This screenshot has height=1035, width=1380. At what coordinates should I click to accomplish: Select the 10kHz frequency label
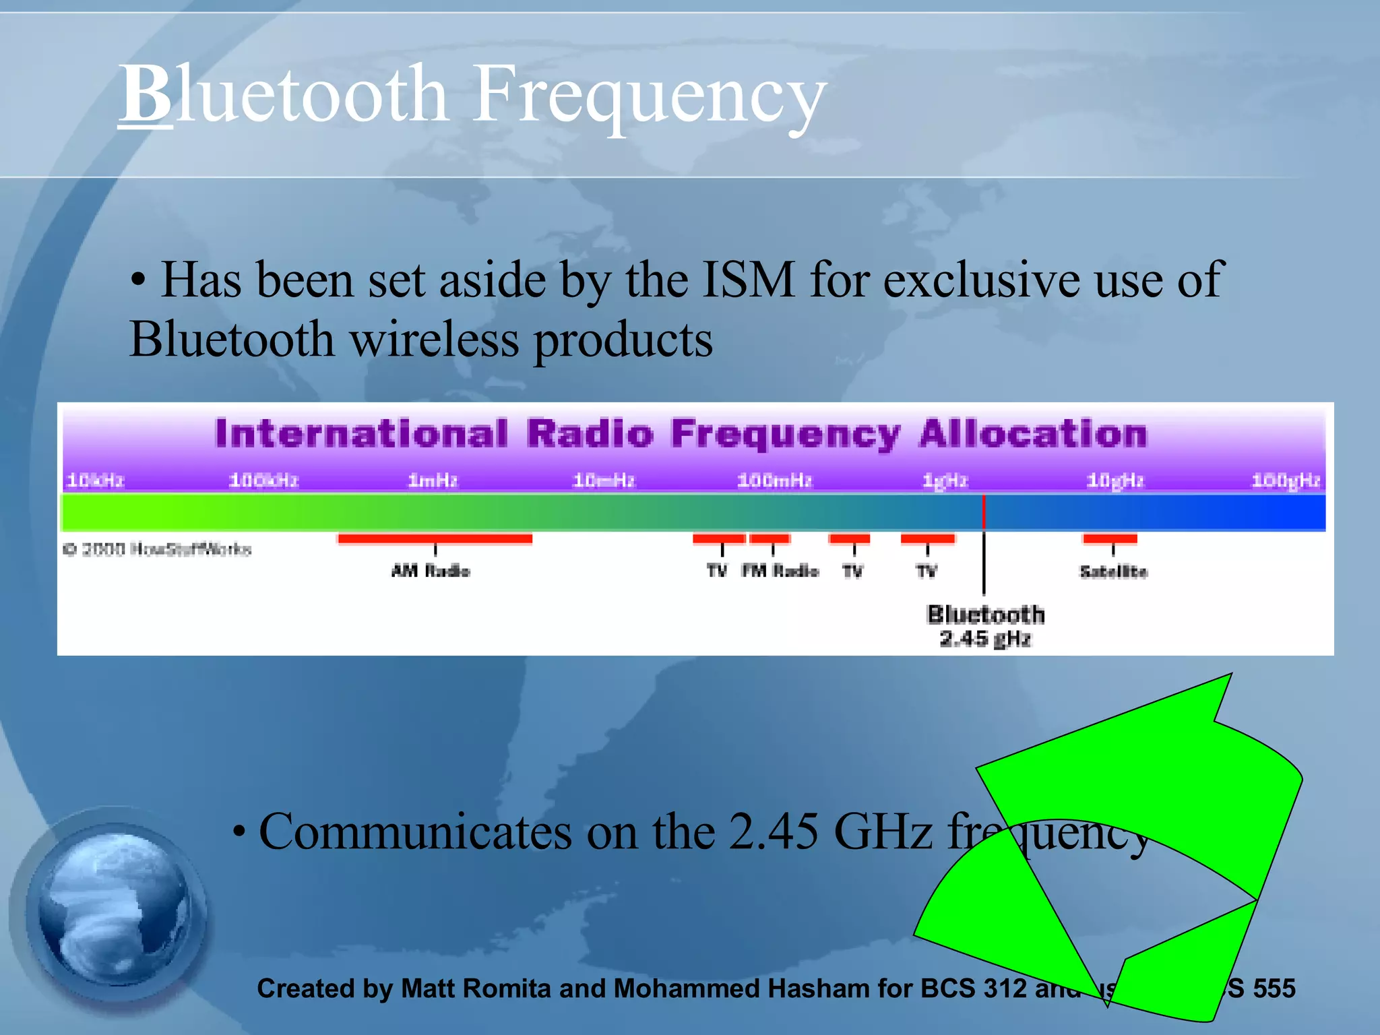pyautogui.click(x=95, y=480)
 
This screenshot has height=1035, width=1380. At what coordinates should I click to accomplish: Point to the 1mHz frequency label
pyautogui.click(x=433, y=480)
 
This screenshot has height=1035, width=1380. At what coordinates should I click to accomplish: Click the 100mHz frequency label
pyautogui.click(x=774, y=480)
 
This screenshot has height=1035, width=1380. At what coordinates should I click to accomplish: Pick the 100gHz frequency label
pyautogui.click(x=1286, y=480)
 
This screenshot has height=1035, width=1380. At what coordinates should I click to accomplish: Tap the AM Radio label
pyautogui.click(x=431, y=571)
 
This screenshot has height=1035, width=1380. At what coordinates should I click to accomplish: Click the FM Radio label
pyautogui.click(x=780, y=571)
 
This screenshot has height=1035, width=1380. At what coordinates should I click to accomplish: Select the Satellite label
pyautogui.click(x=1113, y=571)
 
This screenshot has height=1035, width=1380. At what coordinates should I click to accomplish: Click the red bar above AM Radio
pyautogui.click(x=435, y=538)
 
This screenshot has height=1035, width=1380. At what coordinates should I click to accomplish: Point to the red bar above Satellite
pyautogui.click(x=1110, y=538)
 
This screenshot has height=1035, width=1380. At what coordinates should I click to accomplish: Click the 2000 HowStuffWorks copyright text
pyautogui.click(x=157, y=549)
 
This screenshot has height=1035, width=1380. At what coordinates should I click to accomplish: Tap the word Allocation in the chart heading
pyautogui.click(x=1032, y=433)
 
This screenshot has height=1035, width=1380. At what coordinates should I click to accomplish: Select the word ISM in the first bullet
pyautogui.click(x=748, y=280)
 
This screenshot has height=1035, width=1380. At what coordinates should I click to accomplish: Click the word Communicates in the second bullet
pyautogui.click(x=415, y=832)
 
